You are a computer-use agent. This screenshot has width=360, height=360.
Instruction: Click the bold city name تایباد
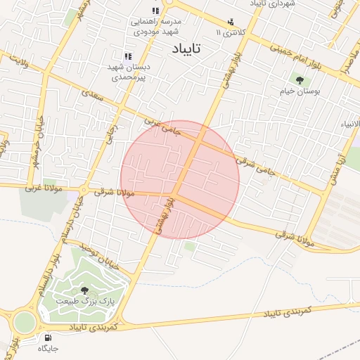tap(186, 49)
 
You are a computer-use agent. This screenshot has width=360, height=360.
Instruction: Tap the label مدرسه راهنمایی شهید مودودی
tap(156, 26)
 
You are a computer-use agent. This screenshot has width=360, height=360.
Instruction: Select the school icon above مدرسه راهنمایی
tap(155, 11)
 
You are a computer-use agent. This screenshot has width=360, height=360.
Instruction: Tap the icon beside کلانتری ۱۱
tap(230, 22)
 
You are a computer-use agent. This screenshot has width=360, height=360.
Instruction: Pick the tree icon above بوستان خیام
tap(300, 81)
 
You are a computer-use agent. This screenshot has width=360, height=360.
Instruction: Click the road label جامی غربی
tap(162, 126)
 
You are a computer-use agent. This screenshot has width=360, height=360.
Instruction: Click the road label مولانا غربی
tap(44, 188)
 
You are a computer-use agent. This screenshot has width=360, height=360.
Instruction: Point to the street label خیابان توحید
tap(94, 255)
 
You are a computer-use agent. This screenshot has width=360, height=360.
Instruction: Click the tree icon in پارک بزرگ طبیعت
tap(85, 290)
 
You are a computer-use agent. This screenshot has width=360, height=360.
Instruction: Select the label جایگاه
tap(48, 348)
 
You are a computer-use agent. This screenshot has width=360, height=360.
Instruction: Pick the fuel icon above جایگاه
tap(47, 337)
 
